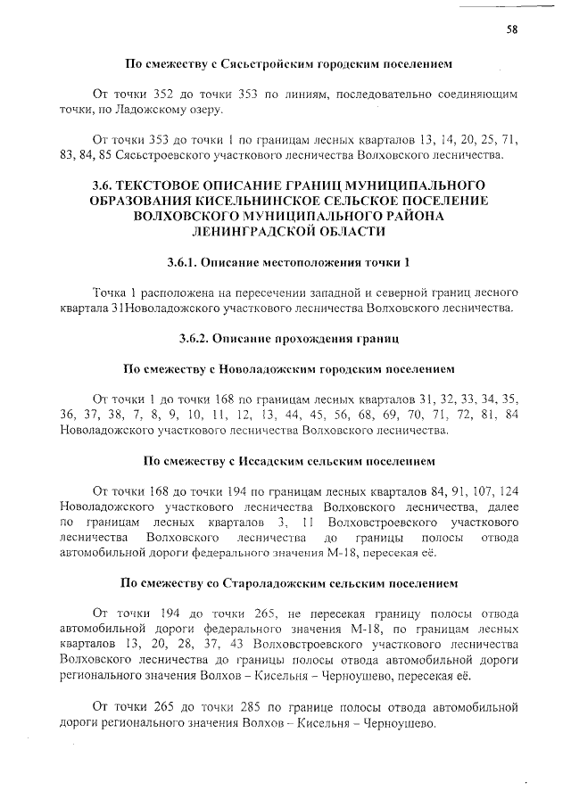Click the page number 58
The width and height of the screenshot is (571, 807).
pyautogui.click(x=513, y=29)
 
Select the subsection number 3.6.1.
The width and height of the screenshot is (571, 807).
pyautogui.click(x=181, y=263)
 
